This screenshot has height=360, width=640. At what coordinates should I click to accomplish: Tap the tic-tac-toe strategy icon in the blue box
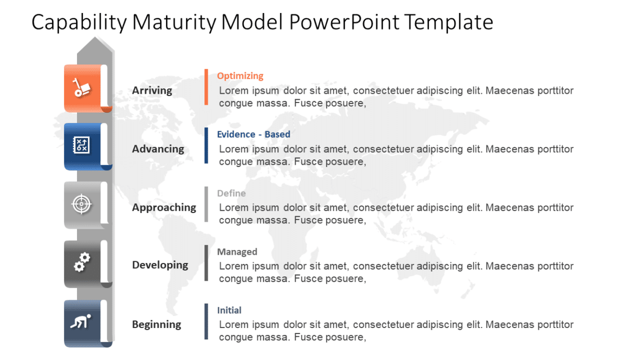tap(81, 145)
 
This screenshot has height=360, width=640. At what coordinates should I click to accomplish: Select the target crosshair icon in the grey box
tap(81, 204)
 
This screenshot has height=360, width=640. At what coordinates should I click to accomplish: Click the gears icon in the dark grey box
tap(81, 263)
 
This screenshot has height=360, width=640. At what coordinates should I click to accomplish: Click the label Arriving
tap(152, 91)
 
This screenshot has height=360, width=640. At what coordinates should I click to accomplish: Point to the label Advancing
tap(158, 149)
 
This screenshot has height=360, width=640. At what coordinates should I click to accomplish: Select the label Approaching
tap(164, 208)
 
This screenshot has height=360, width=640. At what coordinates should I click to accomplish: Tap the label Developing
tap(160, 265)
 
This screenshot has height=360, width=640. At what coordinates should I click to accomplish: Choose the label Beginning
tap(156, 325)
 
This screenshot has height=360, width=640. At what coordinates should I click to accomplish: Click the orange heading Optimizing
tap(240, 76)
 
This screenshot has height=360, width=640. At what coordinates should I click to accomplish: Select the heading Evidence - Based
tap(253, 134)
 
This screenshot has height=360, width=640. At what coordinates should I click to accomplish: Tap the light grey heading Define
tap(231, 194)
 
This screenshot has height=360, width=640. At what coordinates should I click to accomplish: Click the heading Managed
tap(237, 252)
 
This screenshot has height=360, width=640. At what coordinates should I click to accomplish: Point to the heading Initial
tap(229, 311)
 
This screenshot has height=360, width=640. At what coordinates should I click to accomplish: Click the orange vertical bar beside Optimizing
tap(206, 87)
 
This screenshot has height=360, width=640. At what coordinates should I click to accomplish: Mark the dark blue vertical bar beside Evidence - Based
tap(206, 145)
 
